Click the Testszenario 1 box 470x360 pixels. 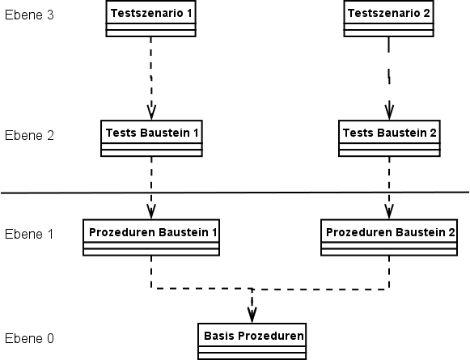point(150,19)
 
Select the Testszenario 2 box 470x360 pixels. point(389,19)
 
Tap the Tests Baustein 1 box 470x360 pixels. point(151,138)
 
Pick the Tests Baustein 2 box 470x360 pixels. point(389,138)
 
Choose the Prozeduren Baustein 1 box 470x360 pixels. point(151,237)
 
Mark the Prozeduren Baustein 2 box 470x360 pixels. point(389,237)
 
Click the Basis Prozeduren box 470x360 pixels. point(252,341)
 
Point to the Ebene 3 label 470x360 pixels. point(29,15)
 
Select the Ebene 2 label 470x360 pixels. point(29,135)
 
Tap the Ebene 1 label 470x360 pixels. point(29,234)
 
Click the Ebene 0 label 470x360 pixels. point(29,338)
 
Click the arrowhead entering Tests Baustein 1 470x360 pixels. point(151,113)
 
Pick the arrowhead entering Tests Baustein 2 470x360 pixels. point(389,113)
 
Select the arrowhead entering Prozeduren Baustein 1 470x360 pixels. point(151,212)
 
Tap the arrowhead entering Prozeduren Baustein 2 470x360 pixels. point(389,212)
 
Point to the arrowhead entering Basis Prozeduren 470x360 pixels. point(252,316)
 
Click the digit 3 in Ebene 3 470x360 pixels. point(50,15)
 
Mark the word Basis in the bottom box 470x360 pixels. point(219,336)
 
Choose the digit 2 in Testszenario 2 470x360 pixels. point(426,13)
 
